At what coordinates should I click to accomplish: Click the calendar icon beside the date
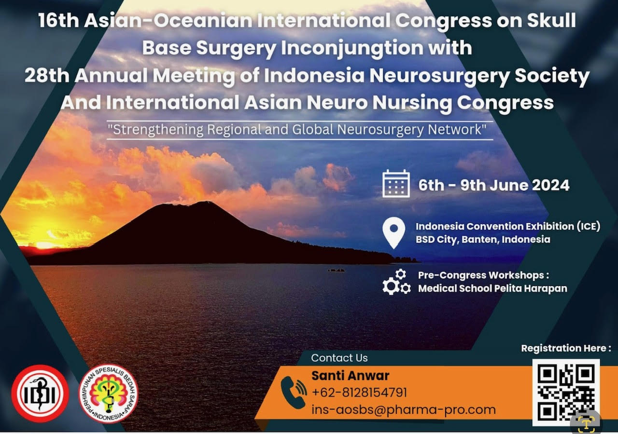click(x=396, y=184)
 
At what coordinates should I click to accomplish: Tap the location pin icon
click(x=394, y=233)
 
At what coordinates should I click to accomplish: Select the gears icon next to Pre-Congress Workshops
click(x=396, y=282)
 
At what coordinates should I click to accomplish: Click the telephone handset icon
click(x=294, y=393)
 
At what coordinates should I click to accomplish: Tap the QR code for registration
click(x=566, y=393)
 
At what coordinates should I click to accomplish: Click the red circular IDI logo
click(x=40, y=393)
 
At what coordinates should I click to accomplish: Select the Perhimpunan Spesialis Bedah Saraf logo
click(x=109, y=393)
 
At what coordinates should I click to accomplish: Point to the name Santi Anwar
click(x=350, y=376)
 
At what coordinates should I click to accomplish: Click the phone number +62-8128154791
click(x=359, y=393)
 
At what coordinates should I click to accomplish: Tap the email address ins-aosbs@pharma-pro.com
click(x=404, y=410)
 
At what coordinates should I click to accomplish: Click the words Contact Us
click(x=339, y=358)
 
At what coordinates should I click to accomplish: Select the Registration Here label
click(x=566, y=348)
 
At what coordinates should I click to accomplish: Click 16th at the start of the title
click(x=58, y=21)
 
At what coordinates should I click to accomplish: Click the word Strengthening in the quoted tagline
click(x=158, y=130)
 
